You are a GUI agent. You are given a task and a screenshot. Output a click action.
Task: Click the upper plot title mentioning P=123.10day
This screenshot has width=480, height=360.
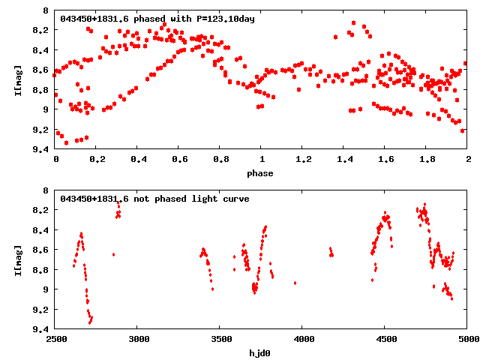[x=157, y=19]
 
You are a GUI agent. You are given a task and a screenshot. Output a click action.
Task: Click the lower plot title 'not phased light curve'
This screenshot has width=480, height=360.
[x=154, y=199]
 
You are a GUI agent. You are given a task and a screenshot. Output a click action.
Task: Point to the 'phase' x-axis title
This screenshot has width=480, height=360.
[x=262, y=173]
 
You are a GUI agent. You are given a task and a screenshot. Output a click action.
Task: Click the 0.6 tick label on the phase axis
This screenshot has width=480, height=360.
[x=179, y=160]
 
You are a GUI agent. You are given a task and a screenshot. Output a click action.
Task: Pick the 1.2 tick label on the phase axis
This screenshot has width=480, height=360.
[x=303, y=160]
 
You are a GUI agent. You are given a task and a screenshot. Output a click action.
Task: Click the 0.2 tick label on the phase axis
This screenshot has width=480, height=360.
[x=97, y=160]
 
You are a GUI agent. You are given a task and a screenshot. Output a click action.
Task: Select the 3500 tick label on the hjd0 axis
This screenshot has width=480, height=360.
[x=220, y=340]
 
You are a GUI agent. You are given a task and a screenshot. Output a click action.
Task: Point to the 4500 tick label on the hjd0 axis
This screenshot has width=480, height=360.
[x=385, y=340]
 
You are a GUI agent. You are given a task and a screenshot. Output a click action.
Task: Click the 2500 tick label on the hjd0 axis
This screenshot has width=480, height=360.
[x=55, y=340]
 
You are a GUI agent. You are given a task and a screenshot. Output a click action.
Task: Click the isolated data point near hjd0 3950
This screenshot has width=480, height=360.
[x=295, y=283]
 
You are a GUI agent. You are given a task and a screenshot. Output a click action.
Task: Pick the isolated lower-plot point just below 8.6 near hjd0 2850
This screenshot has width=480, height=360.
[x=113, y=255]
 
